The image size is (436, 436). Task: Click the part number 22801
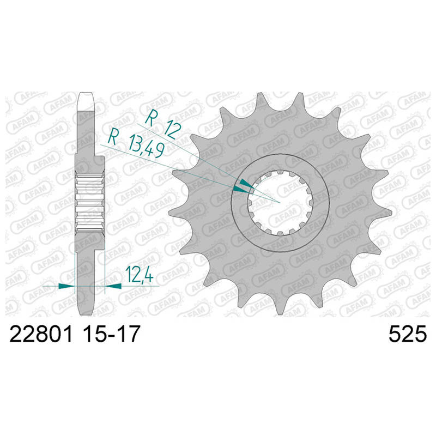[x=41, y=334]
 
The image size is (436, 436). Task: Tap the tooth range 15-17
[x=111, y=334]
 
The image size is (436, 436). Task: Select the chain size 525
[x=407, y=334]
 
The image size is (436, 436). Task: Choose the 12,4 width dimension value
[x=140, y=275]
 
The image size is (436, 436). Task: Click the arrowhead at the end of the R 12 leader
[x=246, y=184]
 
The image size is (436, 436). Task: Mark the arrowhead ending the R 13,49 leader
[x=241, y=190]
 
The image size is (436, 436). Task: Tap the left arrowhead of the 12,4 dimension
[x=66, y=286]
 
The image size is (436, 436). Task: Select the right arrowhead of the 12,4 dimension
[x=113, y=286]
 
